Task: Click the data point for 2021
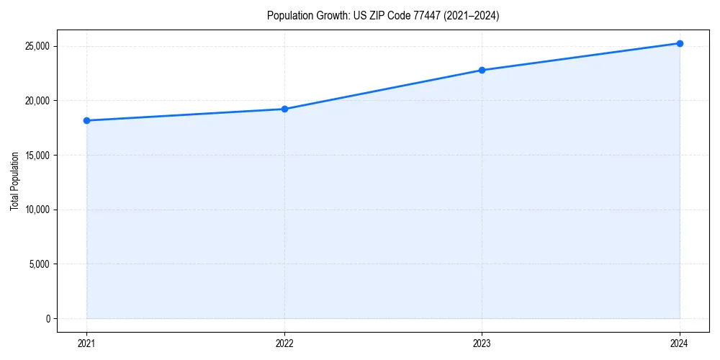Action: (x=86, y=120)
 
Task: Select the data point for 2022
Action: (x=284, y=109)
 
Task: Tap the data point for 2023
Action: (x=482, y=70)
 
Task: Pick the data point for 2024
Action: (x=680, y=43)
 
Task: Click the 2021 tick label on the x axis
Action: (x=86, y=343)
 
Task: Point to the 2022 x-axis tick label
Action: (x=284, y=343)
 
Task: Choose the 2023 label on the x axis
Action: (x=482, y=343)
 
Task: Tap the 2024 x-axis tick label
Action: (x=680, y=343)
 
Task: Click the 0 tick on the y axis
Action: (x=47, y=318)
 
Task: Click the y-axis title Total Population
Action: (x=14, y=181)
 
